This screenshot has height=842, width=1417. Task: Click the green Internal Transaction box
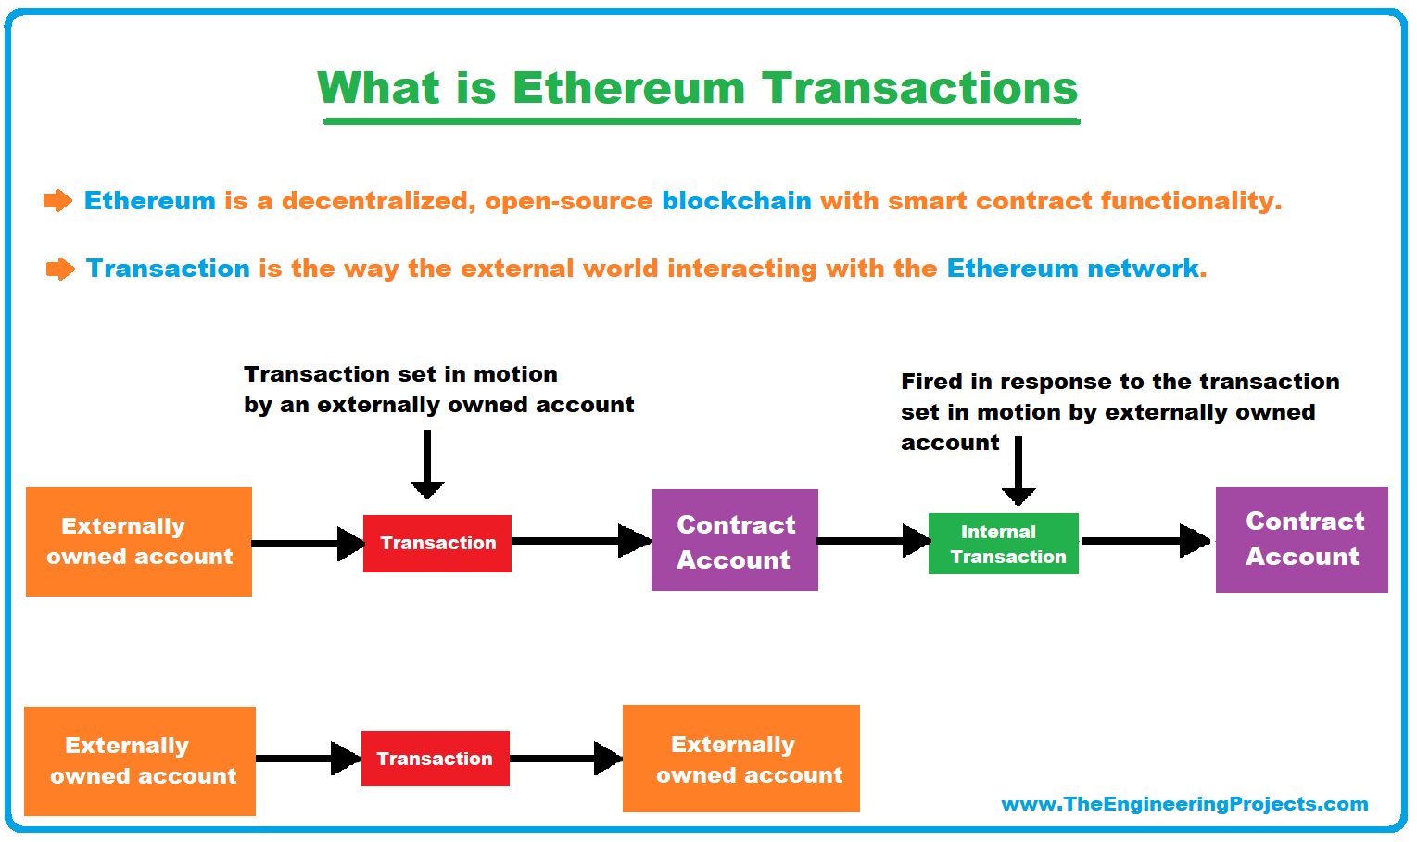tap(1003, 544)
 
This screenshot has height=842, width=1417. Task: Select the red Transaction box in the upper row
tap(437, 544)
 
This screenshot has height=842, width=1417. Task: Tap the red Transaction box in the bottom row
tap(435, 759)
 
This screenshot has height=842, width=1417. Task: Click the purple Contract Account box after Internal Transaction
tap(1301, 540)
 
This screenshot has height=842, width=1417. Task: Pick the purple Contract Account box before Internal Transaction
tap(734, 540)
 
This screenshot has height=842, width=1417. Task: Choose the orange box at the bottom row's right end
tap(740, 759)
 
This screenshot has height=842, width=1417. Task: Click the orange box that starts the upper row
tap(139, 542)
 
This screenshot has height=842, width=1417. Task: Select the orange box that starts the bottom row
tap(139, 761)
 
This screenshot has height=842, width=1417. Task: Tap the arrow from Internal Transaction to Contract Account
tap(1146, 541)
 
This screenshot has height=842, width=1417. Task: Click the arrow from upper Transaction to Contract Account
tap(581, 541)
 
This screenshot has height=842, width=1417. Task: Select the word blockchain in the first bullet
tap(736, 201)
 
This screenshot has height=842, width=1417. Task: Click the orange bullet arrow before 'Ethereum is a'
tap(57, 201)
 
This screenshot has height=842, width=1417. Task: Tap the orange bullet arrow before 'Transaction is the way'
tap(60, 270)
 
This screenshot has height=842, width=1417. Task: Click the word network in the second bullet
tap(1143, 269)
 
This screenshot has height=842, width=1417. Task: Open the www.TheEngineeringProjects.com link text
tap(1184, 804)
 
